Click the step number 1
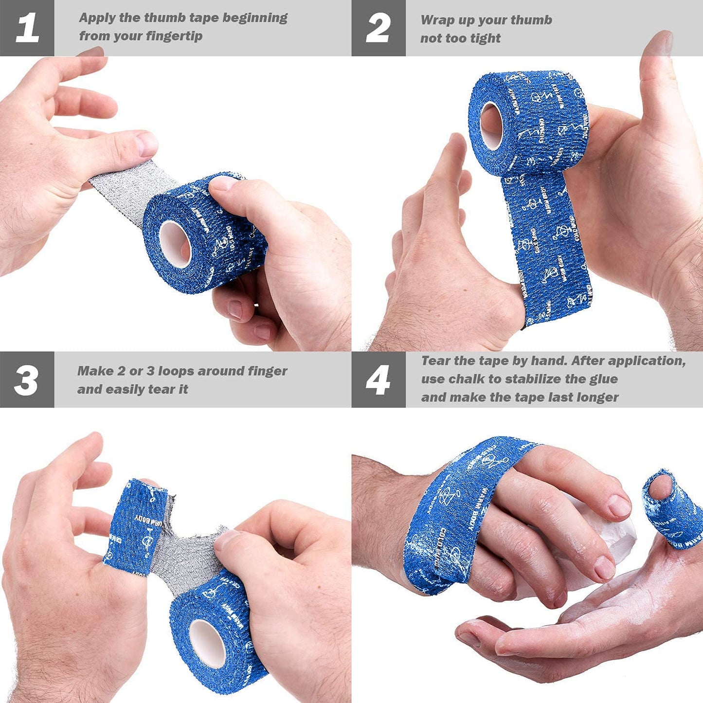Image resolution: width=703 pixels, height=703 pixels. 27,28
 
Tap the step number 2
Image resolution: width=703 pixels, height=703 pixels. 378,28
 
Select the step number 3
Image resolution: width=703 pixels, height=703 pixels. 26,380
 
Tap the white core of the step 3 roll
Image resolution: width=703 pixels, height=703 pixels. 207,643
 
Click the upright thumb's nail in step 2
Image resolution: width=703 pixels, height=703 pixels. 661,43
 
